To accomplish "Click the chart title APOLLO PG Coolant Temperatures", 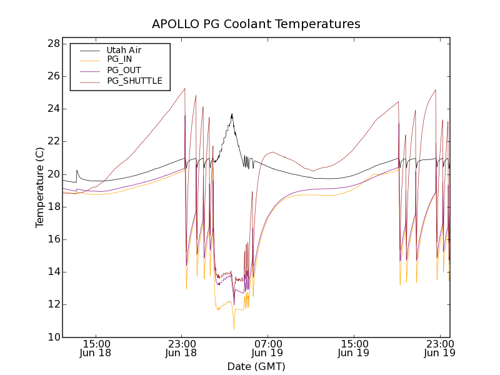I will point(256,24).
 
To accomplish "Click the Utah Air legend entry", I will point(124,50).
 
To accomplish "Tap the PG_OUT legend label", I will point(124,71).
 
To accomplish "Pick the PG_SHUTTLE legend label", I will point(134,81).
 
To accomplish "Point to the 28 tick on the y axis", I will point(54,44).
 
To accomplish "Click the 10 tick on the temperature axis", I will point(54,337).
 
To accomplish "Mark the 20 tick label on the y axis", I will point(54,174).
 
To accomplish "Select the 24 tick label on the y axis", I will point(54,109).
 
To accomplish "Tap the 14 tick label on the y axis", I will point(54,272).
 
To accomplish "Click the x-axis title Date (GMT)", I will point(256,366).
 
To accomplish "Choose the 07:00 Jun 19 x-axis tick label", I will point(267,348).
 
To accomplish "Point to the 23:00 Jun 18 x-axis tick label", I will point(182,348).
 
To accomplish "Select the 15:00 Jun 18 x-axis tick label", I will point(96,348).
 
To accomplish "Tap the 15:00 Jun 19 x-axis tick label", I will point(354,348).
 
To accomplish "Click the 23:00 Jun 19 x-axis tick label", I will point(439,348).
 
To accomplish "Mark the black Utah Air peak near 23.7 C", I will point(232,114).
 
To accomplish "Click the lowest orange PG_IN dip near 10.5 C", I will point(234,329).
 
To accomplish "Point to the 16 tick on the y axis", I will point(54,239).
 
